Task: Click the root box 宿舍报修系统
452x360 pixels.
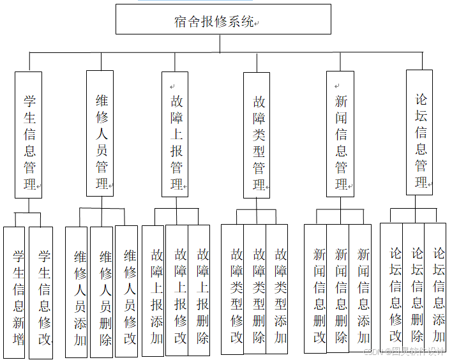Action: [x=223, y=19]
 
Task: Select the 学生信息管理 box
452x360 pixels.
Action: [x=29, y=134]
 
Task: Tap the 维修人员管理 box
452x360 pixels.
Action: [x=100, y=133]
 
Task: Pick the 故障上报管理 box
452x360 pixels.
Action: [x=176, y=134]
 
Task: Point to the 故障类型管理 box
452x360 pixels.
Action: [x=257, y=135]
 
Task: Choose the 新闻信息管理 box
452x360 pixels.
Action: [x=340, y=134]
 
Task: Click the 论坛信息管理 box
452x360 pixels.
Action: [x=420, y=133]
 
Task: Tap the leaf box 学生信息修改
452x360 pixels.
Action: [x=42, y=290]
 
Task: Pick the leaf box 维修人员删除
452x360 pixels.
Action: [x=102, y=290]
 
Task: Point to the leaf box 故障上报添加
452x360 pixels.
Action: [x=154, y=290]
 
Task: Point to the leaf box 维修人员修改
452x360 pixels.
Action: [x=127, y=290]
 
